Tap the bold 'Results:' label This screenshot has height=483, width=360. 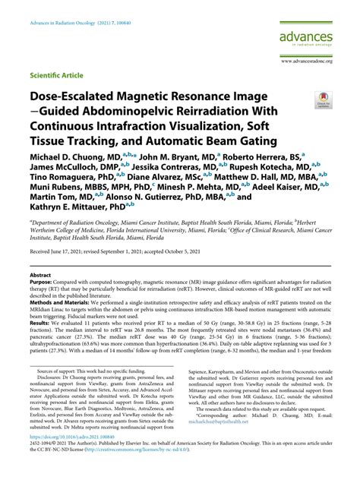pos(42,365)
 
